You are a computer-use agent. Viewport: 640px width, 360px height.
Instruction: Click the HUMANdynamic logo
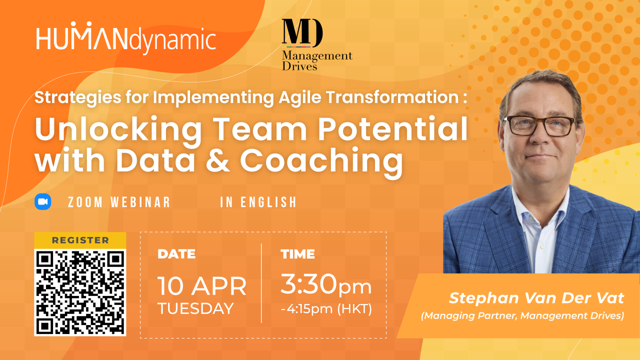click(126, 37)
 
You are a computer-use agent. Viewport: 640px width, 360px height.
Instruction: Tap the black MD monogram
click(302, 33)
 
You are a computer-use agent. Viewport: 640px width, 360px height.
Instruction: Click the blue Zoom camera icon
click(43, 201)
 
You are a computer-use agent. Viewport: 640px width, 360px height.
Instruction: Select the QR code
click(80, 292)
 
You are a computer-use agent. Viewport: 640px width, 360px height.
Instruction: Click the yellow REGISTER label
click(80, 240)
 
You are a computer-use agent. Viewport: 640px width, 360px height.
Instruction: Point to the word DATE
click(176, 254)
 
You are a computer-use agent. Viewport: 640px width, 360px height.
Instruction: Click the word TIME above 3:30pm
click(297, 254)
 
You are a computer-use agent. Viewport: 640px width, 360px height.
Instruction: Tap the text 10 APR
click(202, 286)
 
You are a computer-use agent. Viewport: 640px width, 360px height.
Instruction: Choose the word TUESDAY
click(195, 308)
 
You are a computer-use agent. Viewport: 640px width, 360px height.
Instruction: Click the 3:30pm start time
click(326, 284)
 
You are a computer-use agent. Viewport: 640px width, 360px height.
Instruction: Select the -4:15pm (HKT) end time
click(326, 309)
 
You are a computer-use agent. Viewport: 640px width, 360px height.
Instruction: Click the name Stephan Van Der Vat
click(536, 298)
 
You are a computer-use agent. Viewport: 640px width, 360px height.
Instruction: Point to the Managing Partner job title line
click(522, 315)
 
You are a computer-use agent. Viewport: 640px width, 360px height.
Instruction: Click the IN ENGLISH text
click(258, 202)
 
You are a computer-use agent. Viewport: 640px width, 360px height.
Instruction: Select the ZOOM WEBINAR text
click(119, 202)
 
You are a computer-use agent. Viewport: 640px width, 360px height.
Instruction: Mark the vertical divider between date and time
click(261, 283)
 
